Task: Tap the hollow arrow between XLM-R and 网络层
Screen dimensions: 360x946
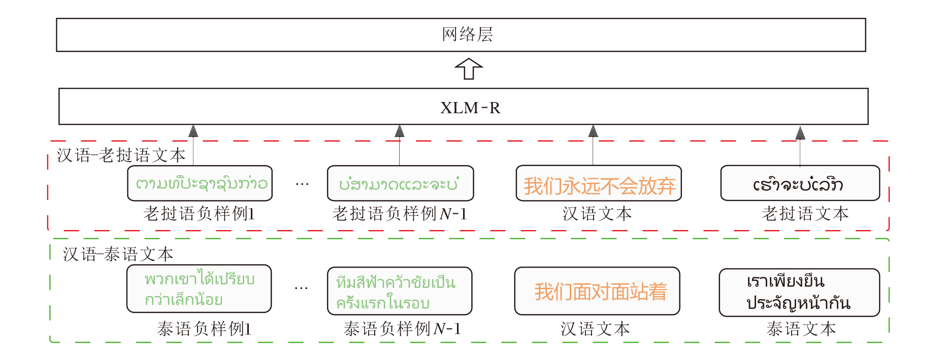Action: pos(468,69)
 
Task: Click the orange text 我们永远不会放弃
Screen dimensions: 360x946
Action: pos(599,186)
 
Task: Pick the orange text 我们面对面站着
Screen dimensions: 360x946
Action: pos(600,291)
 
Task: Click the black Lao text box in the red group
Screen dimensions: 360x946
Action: pos(800,183)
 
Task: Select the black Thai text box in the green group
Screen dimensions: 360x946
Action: pos(799,292)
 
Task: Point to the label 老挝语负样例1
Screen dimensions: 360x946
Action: pos(199,214)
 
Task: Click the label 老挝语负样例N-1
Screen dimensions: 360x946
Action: pos(400,214)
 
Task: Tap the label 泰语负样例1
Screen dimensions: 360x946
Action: pos(204,329)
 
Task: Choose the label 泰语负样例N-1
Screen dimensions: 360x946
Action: pos(402,329)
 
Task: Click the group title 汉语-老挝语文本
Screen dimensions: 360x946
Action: pos(121,155)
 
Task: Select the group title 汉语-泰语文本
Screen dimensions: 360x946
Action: pos(118,254)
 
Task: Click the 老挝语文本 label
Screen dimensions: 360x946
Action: pos(805,214)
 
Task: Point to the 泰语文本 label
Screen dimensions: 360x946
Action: pos(801,329)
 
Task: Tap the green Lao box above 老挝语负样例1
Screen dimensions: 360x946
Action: pos(200,183)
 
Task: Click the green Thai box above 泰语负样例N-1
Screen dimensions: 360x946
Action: pos(400,291)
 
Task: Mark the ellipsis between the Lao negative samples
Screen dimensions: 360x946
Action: pos(302,184)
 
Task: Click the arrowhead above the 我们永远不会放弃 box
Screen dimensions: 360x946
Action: pos(593,132)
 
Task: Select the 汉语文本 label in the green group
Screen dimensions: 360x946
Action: pos(595,329)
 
